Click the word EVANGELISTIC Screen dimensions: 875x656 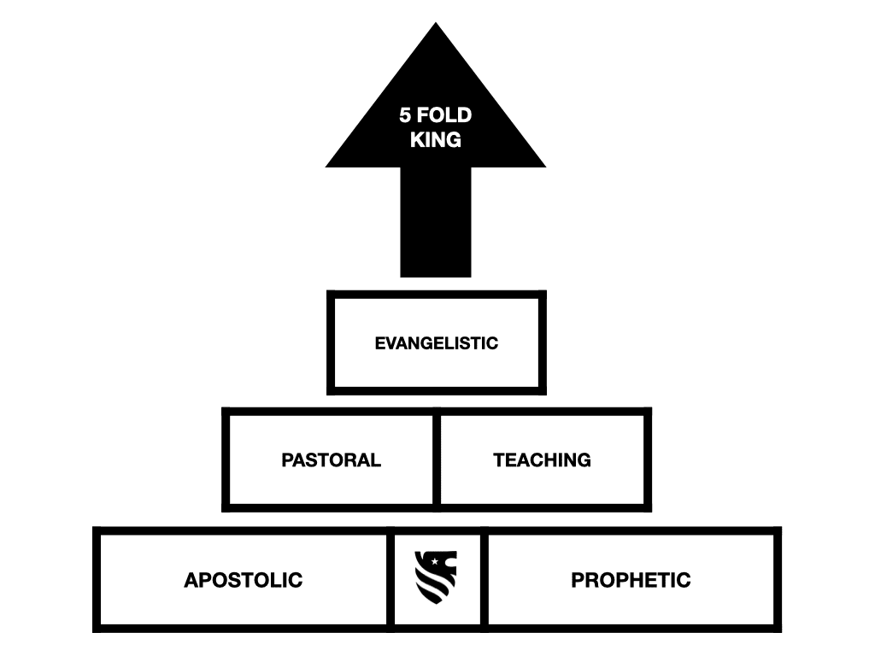coord(437,343)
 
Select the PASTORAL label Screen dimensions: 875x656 coord(331,460)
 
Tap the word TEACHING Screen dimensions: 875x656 coord(542,460)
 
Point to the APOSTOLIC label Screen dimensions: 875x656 coord(244,580)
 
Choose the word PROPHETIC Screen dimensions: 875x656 coord(631,580)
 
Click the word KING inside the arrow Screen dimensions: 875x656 coord(436,140)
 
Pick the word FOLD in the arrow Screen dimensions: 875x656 coord(444,115)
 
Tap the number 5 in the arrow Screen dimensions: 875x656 coord(405,115)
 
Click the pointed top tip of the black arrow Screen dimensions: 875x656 coord(436,22)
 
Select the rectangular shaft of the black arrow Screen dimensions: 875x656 coord(436,222)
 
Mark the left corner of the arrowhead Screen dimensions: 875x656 coord(326,167)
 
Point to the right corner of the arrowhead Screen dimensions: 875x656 coord(546,167)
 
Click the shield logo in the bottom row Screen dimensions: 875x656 coord(436,577)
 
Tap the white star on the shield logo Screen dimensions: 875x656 coord(435,561)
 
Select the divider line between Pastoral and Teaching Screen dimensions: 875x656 coord(437,460)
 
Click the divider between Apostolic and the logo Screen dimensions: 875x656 coord(391,580)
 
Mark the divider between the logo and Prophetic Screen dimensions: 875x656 coord(484,580)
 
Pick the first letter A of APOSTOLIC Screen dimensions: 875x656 coord(191,580)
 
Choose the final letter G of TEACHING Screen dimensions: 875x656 coord(584,460)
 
